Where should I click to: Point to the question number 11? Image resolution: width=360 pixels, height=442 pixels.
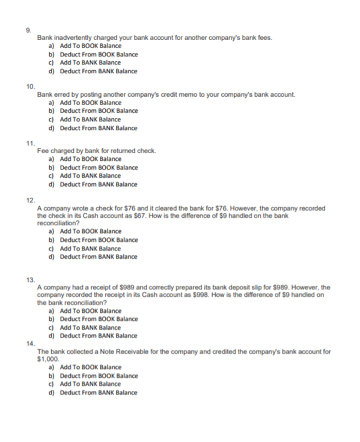click(29, 144)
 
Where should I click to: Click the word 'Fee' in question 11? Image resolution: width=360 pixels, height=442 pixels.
click(42, 151)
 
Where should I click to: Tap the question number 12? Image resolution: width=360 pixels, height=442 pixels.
click(30, 201)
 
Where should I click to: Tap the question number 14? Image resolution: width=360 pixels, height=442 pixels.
click(30, 344)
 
